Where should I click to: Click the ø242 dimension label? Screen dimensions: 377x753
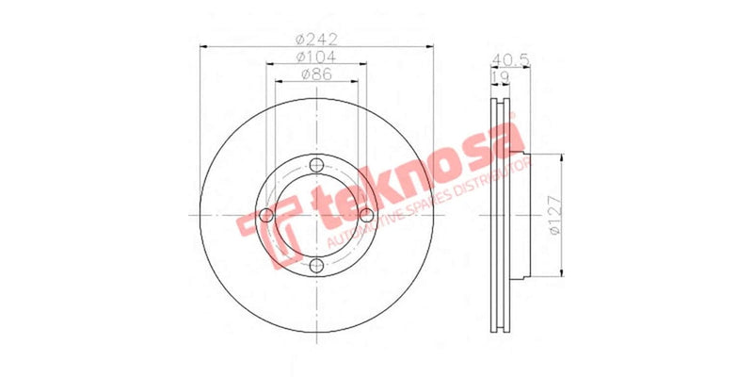[316, 39]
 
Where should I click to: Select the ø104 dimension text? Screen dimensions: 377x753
[316, 57]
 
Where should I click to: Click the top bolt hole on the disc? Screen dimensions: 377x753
[316, 166]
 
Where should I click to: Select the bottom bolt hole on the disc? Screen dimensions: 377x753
[316, 266]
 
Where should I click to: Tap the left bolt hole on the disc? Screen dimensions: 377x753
[266, 216]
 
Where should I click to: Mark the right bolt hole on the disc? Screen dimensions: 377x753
[366, 216]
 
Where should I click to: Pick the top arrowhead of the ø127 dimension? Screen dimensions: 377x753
[563, 157]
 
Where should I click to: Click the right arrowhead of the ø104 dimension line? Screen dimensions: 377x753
[363, 63]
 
